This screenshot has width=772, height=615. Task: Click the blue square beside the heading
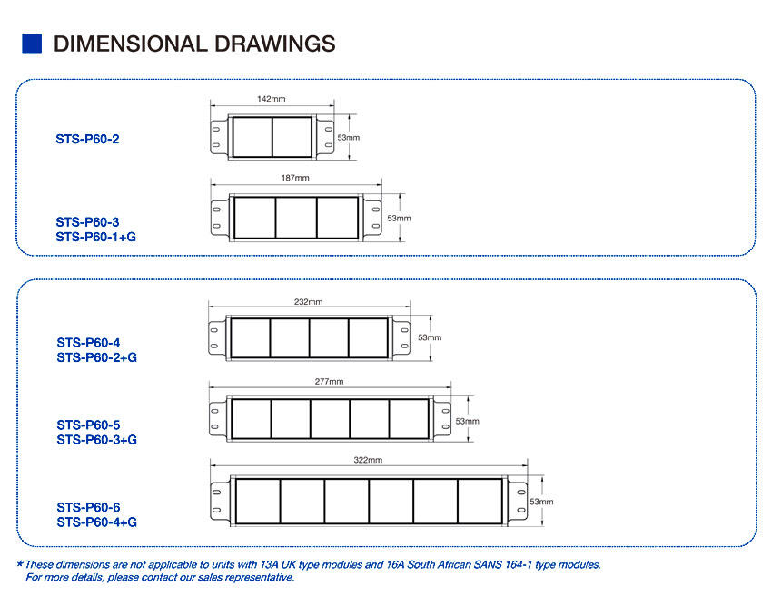(32, 44)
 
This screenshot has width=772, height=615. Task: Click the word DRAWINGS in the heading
(274, 44)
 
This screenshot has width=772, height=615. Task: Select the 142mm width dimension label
(272, 99)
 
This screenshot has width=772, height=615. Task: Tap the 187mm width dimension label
(295, 178)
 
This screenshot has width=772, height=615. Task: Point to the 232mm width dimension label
(308, 301)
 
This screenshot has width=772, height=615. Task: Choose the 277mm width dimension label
(330, 381)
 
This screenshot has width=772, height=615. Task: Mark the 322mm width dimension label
(368, 460)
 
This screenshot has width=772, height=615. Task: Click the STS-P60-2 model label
(87, 139)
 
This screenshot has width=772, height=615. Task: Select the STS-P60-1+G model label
(95, 237)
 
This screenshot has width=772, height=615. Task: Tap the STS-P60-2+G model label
(96, 357)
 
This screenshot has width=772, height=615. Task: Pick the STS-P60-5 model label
(88, 425)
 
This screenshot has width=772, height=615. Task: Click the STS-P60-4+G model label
(96, 522)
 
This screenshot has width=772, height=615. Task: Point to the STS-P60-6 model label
(88, 507)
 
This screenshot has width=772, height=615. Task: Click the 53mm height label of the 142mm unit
(349, 138)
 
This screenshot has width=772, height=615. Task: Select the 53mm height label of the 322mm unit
(541, 502)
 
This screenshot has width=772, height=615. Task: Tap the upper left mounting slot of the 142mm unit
(215, 130)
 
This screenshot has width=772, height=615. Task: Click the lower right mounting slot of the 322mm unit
(521, 511)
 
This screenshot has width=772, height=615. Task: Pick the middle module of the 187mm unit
(296, 218)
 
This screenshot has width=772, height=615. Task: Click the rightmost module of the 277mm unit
(409, 419)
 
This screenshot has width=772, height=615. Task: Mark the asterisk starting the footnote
(20, 563)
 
